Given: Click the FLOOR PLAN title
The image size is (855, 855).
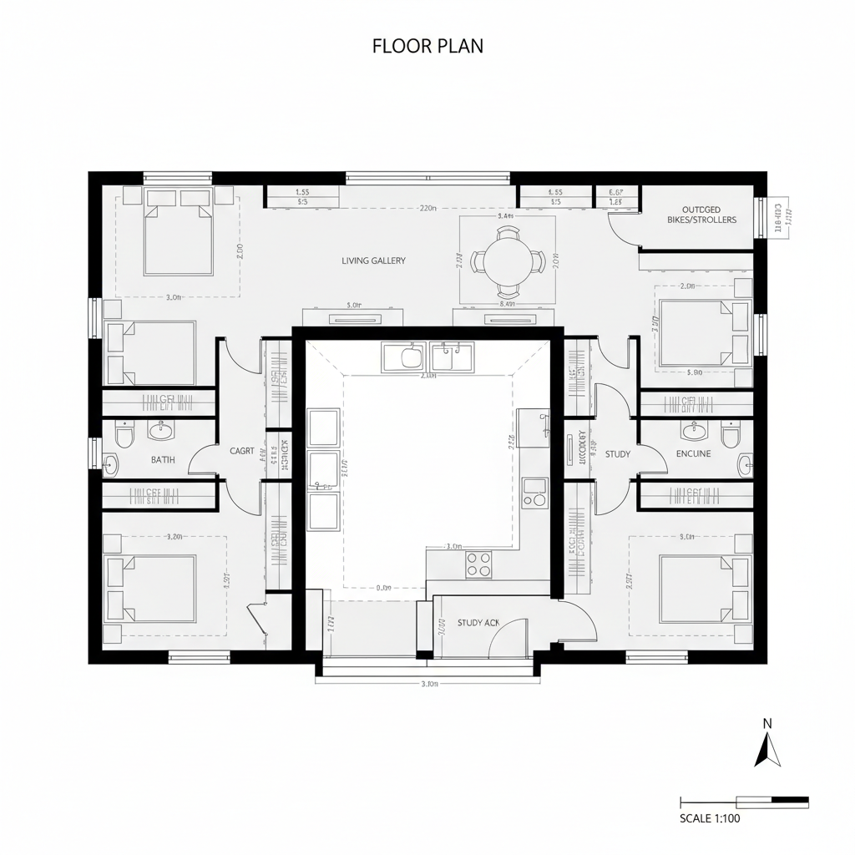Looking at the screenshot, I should [x=427, y=47].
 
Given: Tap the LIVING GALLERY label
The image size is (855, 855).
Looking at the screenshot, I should [x=373, y=261].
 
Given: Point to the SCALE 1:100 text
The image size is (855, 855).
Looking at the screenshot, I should [x=710, y=818].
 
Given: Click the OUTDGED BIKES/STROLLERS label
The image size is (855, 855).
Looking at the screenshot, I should [x=701, y=215].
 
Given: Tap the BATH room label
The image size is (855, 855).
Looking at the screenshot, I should [x=163, y=459].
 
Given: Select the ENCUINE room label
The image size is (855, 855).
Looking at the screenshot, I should [x=693, y=453].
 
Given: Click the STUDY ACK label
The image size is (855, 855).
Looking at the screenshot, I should [x=478, y=623].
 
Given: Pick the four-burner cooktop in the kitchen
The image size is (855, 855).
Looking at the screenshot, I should [x=478, y=565].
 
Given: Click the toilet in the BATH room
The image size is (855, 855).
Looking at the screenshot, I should [x=124, y=436].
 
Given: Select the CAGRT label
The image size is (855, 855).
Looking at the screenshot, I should [x=241, y=451].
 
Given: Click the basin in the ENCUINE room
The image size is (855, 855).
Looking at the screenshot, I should [x=692, y=432].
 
